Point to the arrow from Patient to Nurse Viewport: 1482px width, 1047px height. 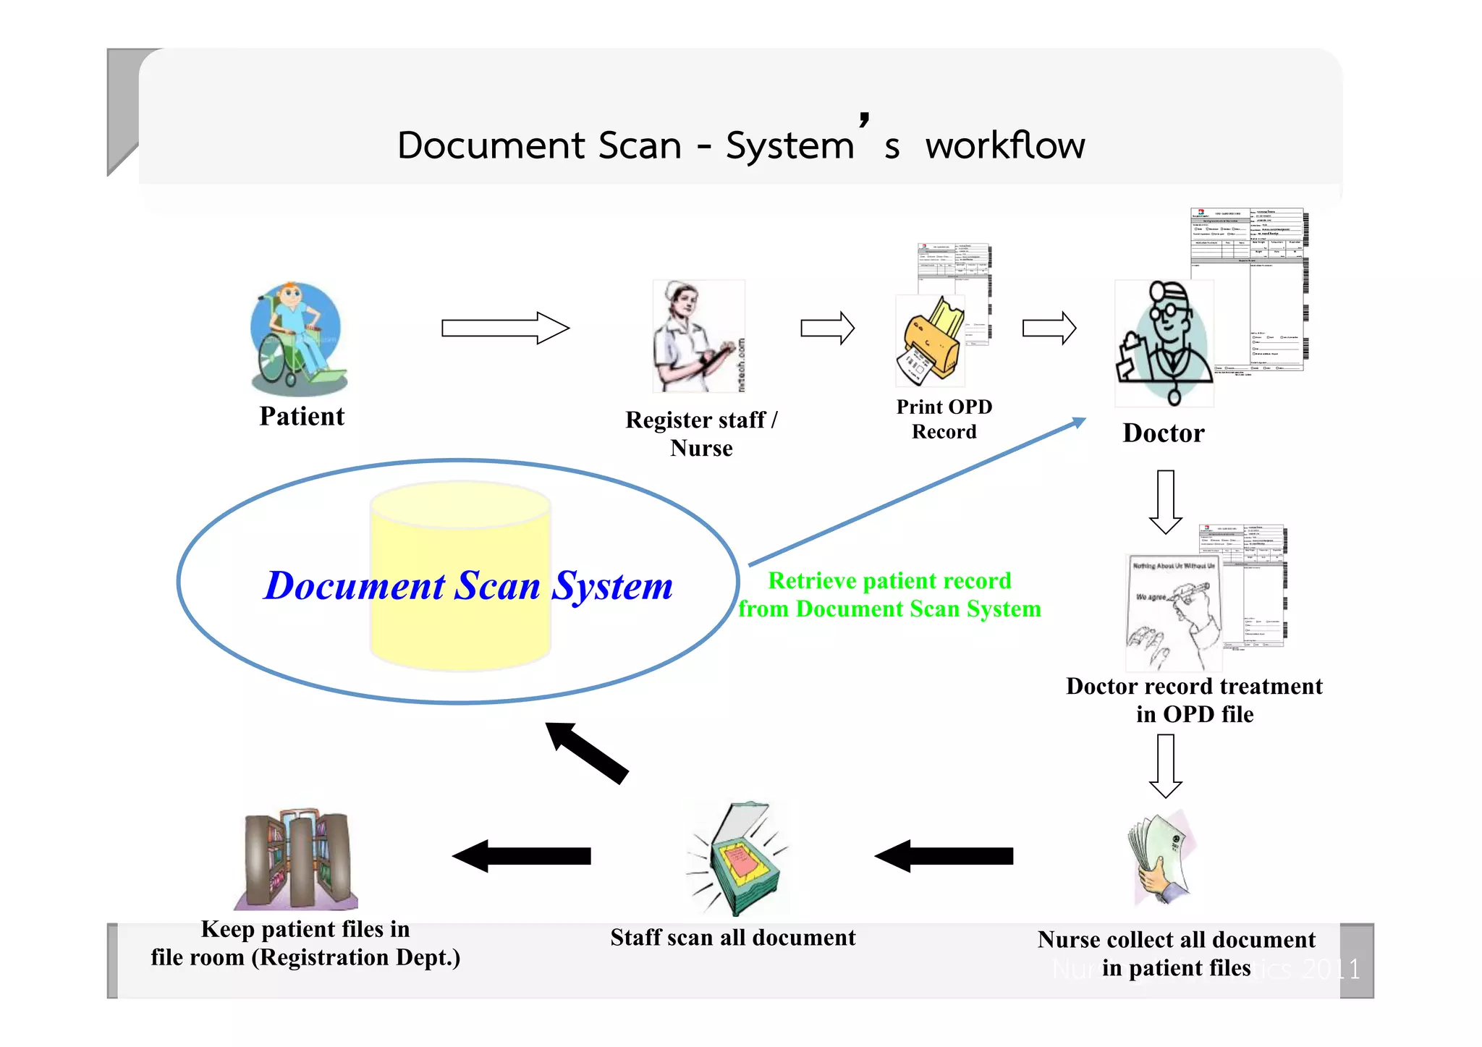[x=505, y=328]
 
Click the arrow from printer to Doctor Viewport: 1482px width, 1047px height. [x=1049, y=328]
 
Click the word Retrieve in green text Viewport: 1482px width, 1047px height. [x=811, y=581]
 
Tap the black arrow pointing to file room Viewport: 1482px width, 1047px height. [x=521, y=856]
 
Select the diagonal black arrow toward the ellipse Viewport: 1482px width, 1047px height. [x=586, y=753]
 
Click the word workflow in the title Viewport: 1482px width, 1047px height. [x=1004, y=145]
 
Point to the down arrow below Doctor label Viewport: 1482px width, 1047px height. [x=1165, y=502]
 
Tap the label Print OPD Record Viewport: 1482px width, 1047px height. [x=944, y=419]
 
